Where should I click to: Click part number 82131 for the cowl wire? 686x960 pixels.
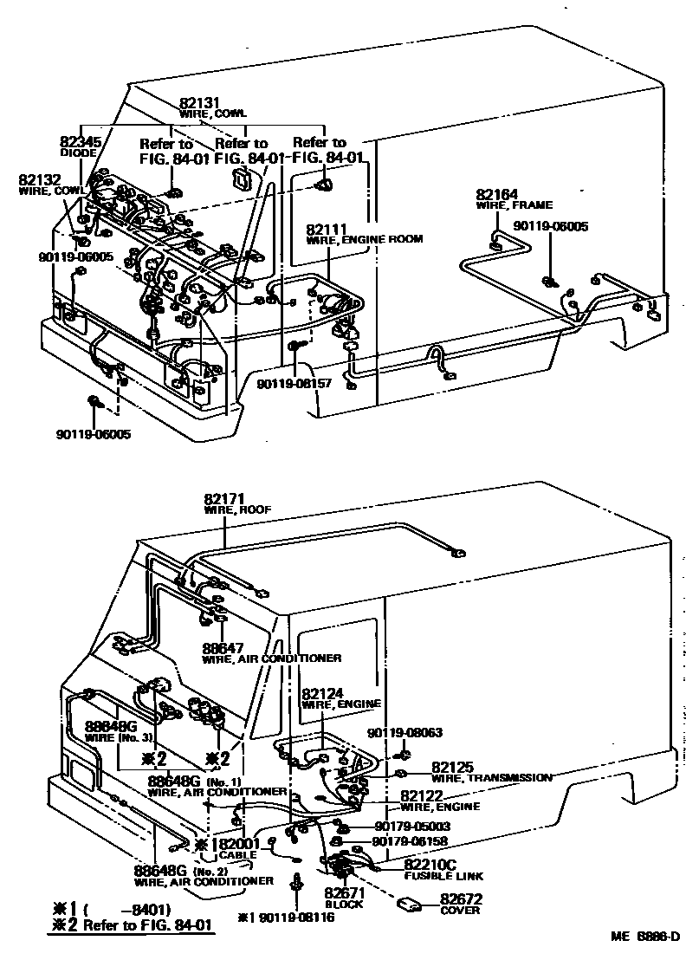click(201, 101)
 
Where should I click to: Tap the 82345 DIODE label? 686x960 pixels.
click(81, 141)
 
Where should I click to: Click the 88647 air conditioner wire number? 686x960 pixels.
click(225, 647)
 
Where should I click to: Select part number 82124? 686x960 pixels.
click(324, 693)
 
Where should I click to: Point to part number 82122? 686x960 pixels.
click(423, 795)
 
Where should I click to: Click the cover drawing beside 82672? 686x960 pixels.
click(411, 905)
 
